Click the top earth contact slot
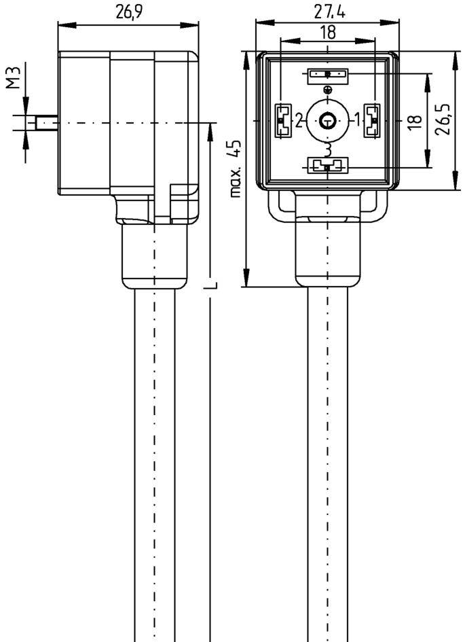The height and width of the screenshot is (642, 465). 327,74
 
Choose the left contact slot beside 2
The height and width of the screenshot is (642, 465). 282,120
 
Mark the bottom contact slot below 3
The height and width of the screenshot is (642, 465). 327,165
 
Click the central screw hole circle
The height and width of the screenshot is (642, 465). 327,121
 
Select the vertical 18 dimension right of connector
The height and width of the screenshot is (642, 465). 411,121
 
